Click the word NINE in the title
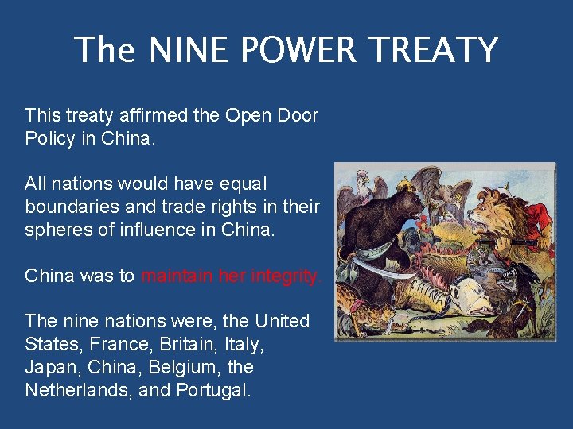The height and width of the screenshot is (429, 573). pyautogui.click(x=184, y=50)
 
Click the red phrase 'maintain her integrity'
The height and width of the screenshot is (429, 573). pyautogui.click(x=232, y=276)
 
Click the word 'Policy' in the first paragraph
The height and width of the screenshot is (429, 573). pyautogui.click(x=50, y=137)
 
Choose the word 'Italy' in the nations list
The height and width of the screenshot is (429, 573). pyautogui.click(x=243, y=344)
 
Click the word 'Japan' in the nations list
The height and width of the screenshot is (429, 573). pyautogui.click(x=48, y=367)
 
